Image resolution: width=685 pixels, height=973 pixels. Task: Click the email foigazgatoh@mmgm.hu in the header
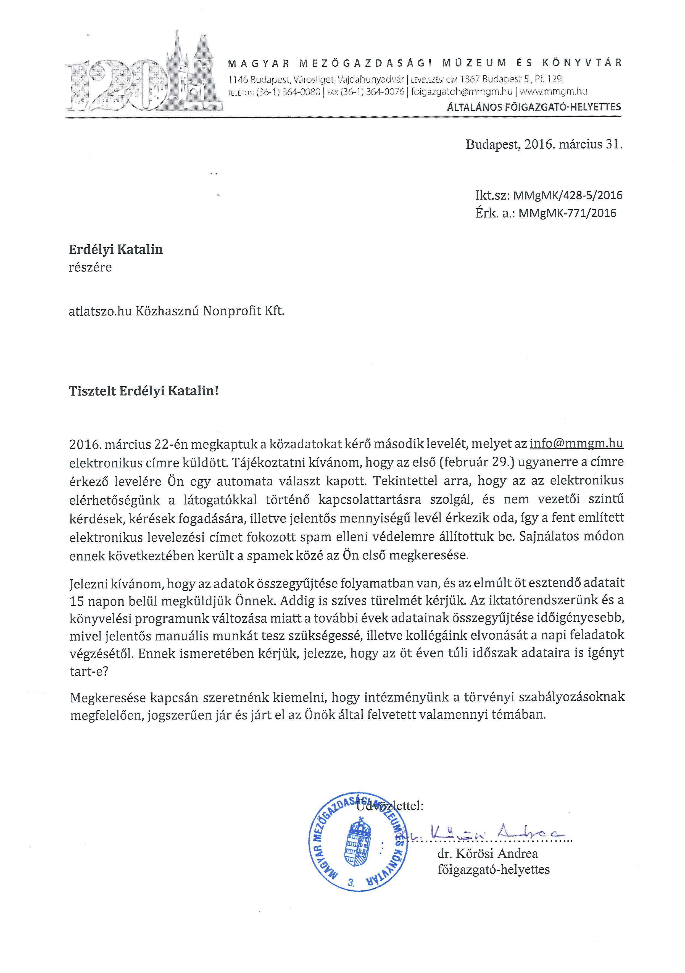click(462, 91)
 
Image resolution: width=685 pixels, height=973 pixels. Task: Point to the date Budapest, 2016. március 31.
click(544, 145)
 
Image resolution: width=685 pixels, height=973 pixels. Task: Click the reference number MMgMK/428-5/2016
click(568, 195)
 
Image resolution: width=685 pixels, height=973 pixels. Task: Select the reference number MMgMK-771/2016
click(567, 213)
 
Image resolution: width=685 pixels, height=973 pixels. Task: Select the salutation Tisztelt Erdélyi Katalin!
click(144, 391)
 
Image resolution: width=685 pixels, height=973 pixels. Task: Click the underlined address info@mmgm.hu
click(577, 444)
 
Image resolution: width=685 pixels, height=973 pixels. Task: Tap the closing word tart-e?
click(89, 672)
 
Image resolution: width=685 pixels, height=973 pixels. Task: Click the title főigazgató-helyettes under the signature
click(494, 870)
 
